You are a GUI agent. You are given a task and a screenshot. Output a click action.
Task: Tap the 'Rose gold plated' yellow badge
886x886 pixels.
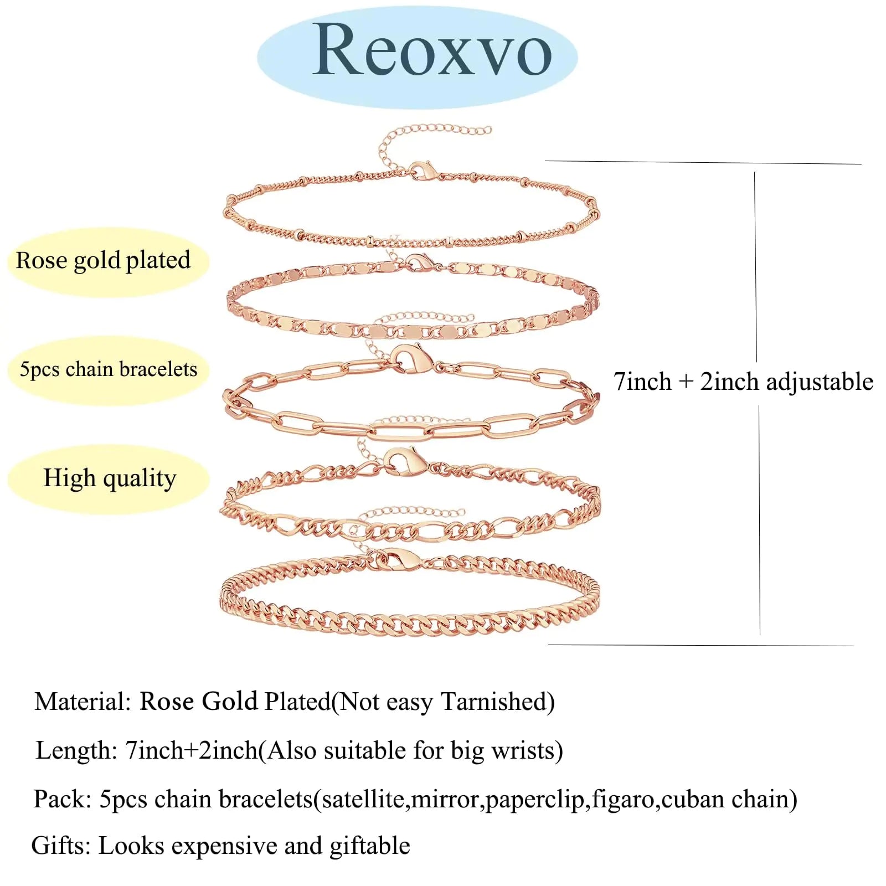(x=108, y=261)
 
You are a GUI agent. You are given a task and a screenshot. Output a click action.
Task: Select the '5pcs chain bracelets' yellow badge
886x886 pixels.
(x=108, y=370)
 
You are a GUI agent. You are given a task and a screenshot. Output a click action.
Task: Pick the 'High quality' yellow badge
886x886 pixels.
(x=108, y=478)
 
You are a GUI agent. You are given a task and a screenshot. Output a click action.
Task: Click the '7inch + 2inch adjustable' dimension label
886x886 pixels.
(x=743, y=382)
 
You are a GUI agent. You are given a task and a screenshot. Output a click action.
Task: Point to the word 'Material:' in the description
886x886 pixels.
(x=83, y=702)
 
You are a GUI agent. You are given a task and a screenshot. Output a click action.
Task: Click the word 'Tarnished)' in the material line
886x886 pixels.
(x=498, y=702)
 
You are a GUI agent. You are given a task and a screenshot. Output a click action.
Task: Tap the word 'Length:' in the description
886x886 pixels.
(x=76, y=751)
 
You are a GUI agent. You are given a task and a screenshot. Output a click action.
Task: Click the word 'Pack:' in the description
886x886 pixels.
(x=62, y=800)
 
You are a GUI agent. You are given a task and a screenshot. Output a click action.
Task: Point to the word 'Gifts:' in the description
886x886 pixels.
(x=61, y=846)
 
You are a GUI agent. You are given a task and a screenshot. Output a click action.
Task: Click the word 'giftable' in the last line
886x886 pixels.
(x=370, y=847)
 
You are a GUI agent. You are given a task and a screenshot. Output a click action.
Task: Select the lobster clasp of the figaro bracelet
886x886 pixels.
(x=405, y=461)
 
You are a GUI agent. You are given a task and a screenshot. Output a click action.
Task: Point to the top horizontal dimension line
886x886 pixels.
(x=703, y=162)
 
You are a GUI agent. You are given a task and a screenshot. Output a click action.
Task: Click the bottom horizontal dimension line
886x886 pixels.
(x=701, y=645)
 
